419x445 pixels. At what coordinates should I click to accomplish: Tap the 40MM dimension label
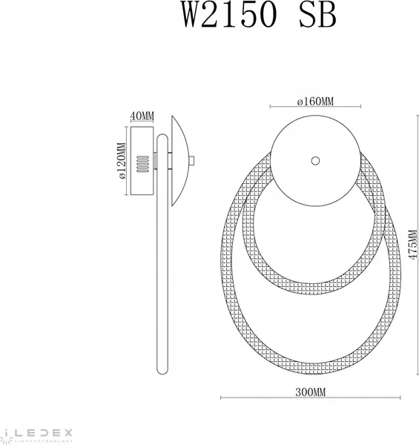tap(142, 116)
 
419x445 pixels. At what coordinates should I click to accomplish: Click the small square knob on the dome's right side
tap(192, 160)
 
